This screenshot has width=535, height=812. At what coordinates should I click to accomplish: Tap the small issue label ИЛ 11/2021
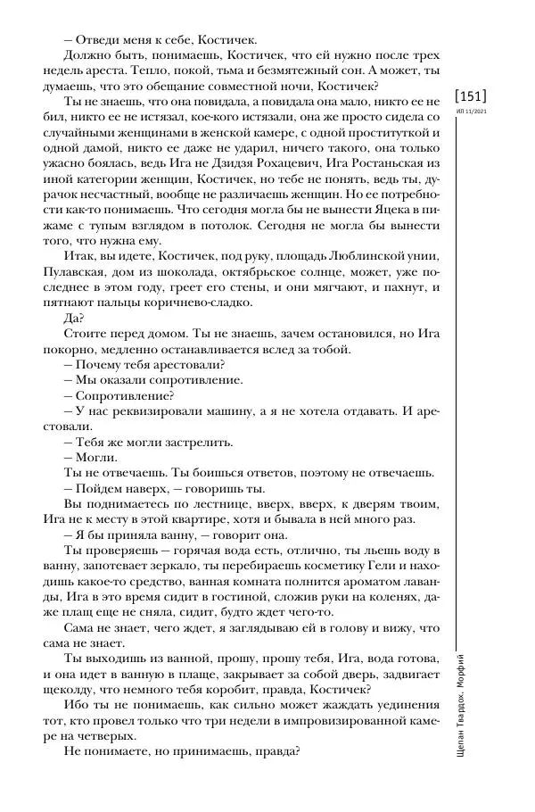[470, 112]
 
